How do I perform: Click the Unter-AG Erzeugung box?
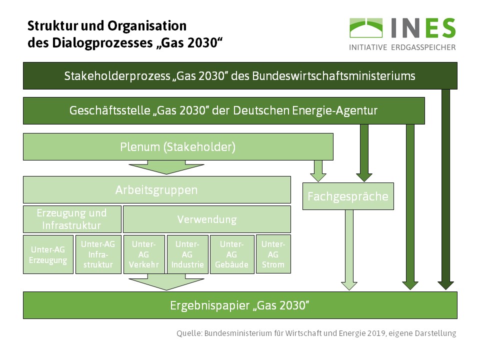pos(48,254)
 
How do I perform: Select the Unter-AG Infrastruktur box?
pos(97,254)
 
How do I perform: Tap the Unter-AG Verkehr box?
pos(144,254)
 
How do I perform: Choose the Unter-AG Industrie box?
pos(187,254)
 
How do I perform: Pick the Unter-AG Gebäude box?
pos(231,254)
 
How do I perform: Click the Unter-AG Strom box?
pos(273,254)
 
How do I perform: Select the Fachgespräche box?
pos(348,196)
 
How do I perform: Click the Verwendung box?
pos(206,219)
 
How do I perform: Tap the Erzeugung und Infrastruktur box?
pos(72,219)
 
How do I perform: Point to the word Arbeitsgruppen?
pos(156,190)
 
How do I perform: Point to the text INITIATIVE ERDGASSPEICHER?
pos(402,47)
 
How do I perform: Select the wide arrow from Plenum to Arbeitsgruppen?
pos(156,167)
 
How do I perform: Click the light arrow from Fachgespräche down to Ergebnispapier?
pos(349,249)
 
